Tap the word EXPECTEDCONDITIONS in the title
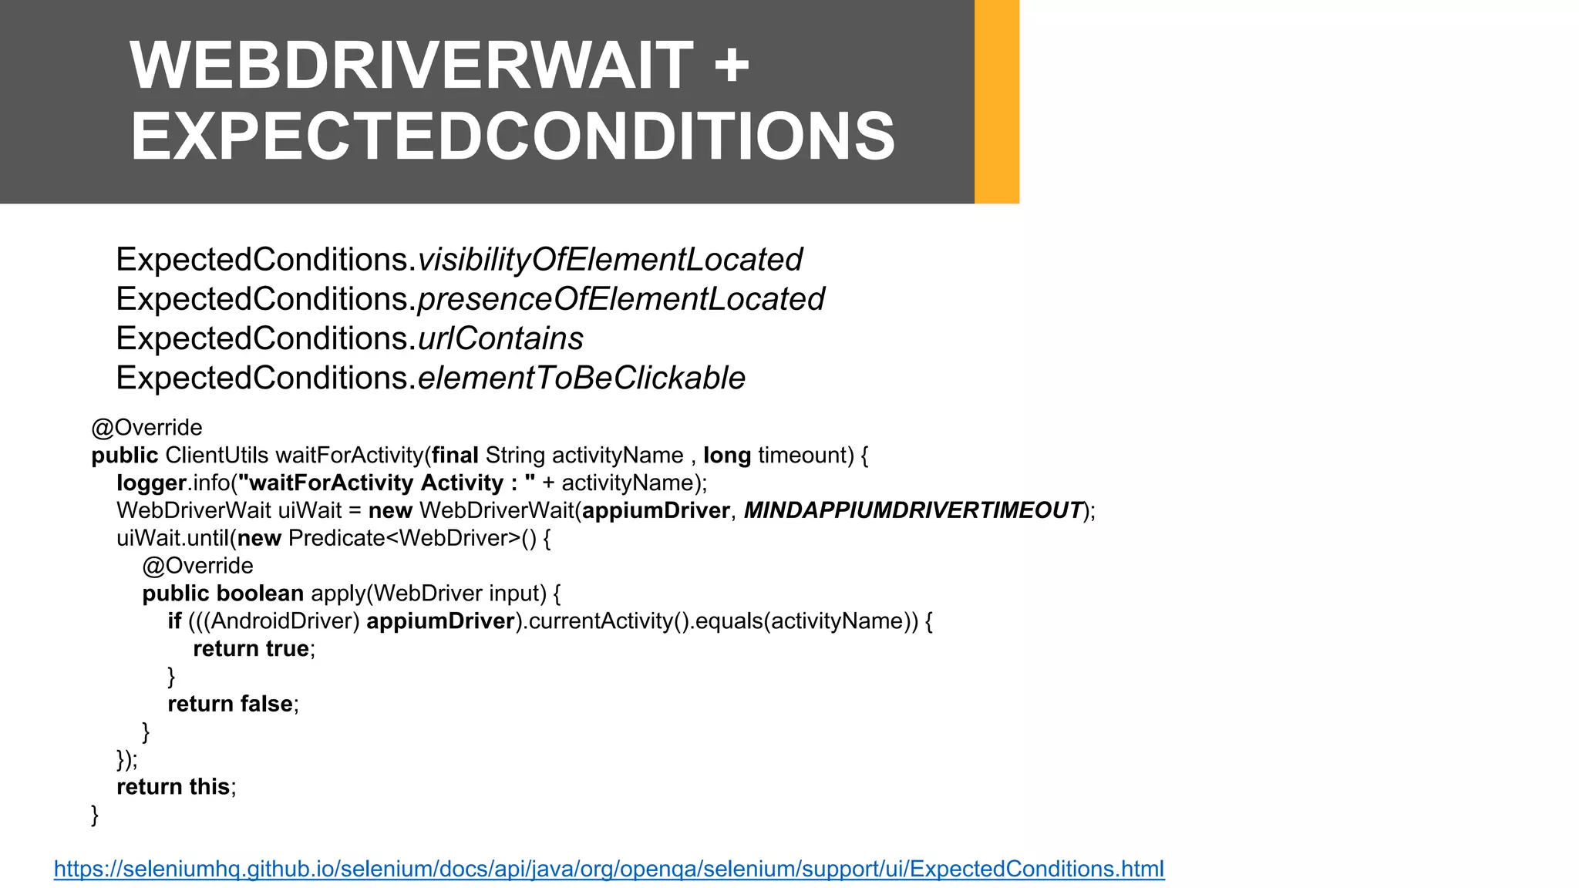[x=513, y=136]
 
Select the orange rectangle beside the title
[x=997, y=102]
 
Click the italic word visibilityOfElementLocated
[x=610, y=260]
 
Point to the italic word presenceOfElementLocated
[x=621, y=299]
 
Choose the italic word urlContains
[x=500, y=338]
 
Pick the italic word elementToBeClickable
[x=581, y=378]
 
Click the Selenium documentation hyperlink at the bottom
[x=609, y=869]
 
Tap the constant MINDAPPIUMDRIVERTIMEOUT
[x=913, y=510]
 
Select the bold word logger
[x=151, y=483]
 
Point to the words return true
[x=251, y=649]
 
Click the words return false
[x=230, y=704]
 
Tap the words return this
[x=173, y=787]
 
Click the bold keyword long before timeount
[x=727, y=456]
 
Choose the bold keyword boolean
[x=260, y=594]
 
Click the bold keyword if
[x=174, y=621]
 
